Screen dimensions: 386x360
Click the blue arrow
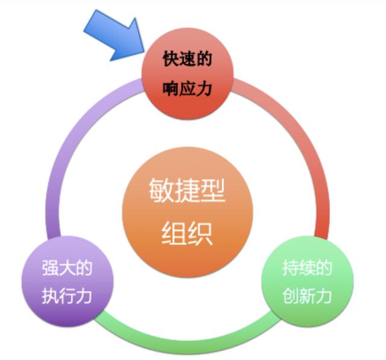tap(116, 36)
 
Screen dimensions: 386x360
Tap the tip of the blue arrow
tap(144, 52)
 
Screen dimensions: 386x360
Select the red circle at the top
tap(188, 74)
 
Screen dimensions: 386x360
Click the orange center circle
tap(188, 212)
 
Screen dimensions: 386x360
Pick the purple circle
tap(68, 281)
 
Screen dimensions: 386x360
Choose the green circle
tap(307, 281)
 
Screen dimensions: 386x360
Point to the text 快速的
tap(188, 59)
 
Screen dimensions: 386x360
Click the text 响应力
tap(188, 88)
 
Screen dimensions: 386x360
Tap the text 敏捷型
tap(188, 190)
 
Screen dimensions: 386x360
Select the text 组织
tap(187, 233)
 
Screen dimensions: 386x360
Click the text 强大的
tap(67, 268)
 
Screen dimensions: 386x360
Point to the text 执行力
tap(67, 296)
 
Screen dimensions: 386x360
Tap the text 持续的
tap(307, 268)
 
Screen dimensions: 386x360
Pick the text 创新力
tap(307, 296)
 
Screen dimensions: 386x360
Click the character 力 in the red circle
tap(204, 88)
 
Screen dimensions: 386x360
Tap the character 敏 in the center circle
tap(162, 190)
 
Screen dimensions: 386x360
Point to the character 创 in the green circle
tap(290, 296)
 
